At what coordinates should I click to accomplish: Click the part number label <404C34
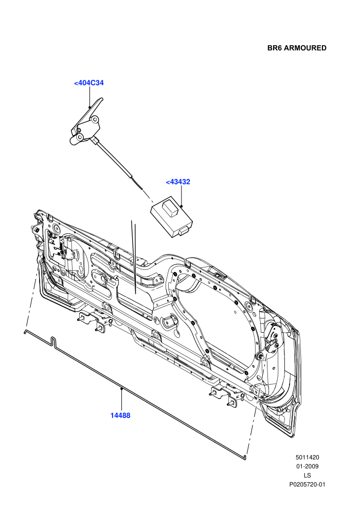point(88,83)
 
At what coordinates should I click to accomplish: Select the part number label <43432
point(178,182)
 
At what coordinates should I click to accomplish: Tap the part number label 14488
point(120,415)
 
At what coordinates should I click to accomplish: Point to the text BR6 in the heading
point(275,48)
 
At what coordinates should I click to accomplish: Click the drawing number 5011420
point(308,458)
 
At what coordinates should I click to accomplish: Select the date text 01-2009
point(308,466)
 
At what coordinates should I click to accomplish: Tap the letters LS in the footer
point(308,476)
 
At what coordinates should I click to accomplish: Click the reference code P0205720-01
point(308,485)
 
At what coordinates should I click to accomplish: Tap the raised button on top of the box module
point(171,207)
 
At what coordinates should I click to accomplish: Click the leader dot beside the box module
point(182,206)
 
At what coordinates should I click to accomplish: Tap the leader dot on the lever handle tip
point(89,107)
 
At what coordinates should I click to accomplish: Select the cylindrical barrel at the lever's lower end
point(77,139)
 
